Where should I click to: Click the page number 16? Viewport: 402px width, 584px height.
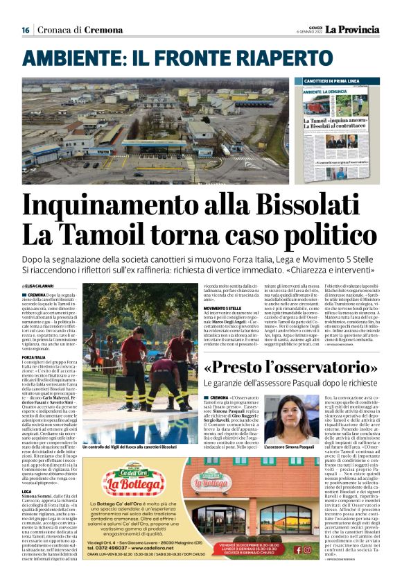click(25, 29)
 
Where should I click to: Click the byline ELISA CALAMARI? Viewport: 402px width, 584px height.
click(40, 286)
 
